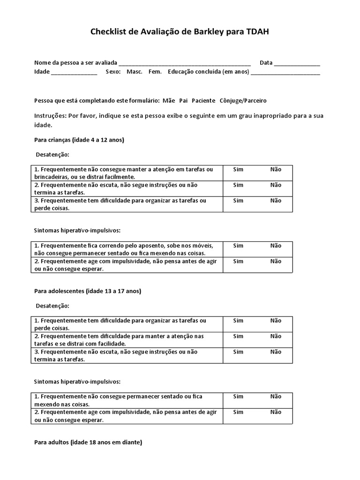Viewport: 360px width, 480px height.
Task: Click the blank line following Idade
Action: pos(74,73)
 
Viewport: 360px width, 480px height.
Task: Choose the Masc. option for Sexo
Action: pos(135,72)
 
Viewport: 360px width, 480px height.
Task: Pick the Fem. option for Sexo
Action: pos(155,72)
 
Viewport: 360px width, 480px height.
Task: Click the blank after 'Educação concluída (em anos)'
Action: pos(285,73)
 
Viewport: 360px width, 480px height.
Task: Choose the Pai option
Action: pos(183,100)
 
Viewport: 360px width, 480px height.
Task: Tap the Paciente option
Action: pos(203,100)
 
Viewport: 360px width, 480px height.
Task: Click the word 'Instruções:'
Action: pos(50,115)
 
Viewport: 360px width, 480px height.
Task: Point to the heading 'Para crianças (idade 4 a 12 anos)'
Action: pos(79,140)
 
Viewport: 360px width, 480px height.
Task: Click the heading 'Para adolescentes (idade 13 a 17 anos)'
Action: pos(88,291)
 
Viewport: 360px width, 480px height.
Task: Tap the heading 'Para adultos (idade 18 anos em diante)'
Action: pos(88,442)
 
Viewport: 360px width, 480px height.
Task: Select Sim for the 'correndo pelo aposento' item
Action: pos(238,246)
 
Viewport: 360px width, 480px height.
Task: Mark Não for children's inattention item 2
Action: pos(276,185)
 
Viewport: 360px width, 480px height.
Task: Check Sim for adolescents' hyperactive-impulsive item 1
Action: pos(238,397)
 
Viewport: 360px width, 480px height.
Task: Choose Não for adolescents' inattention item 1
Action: pos(276,321)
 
